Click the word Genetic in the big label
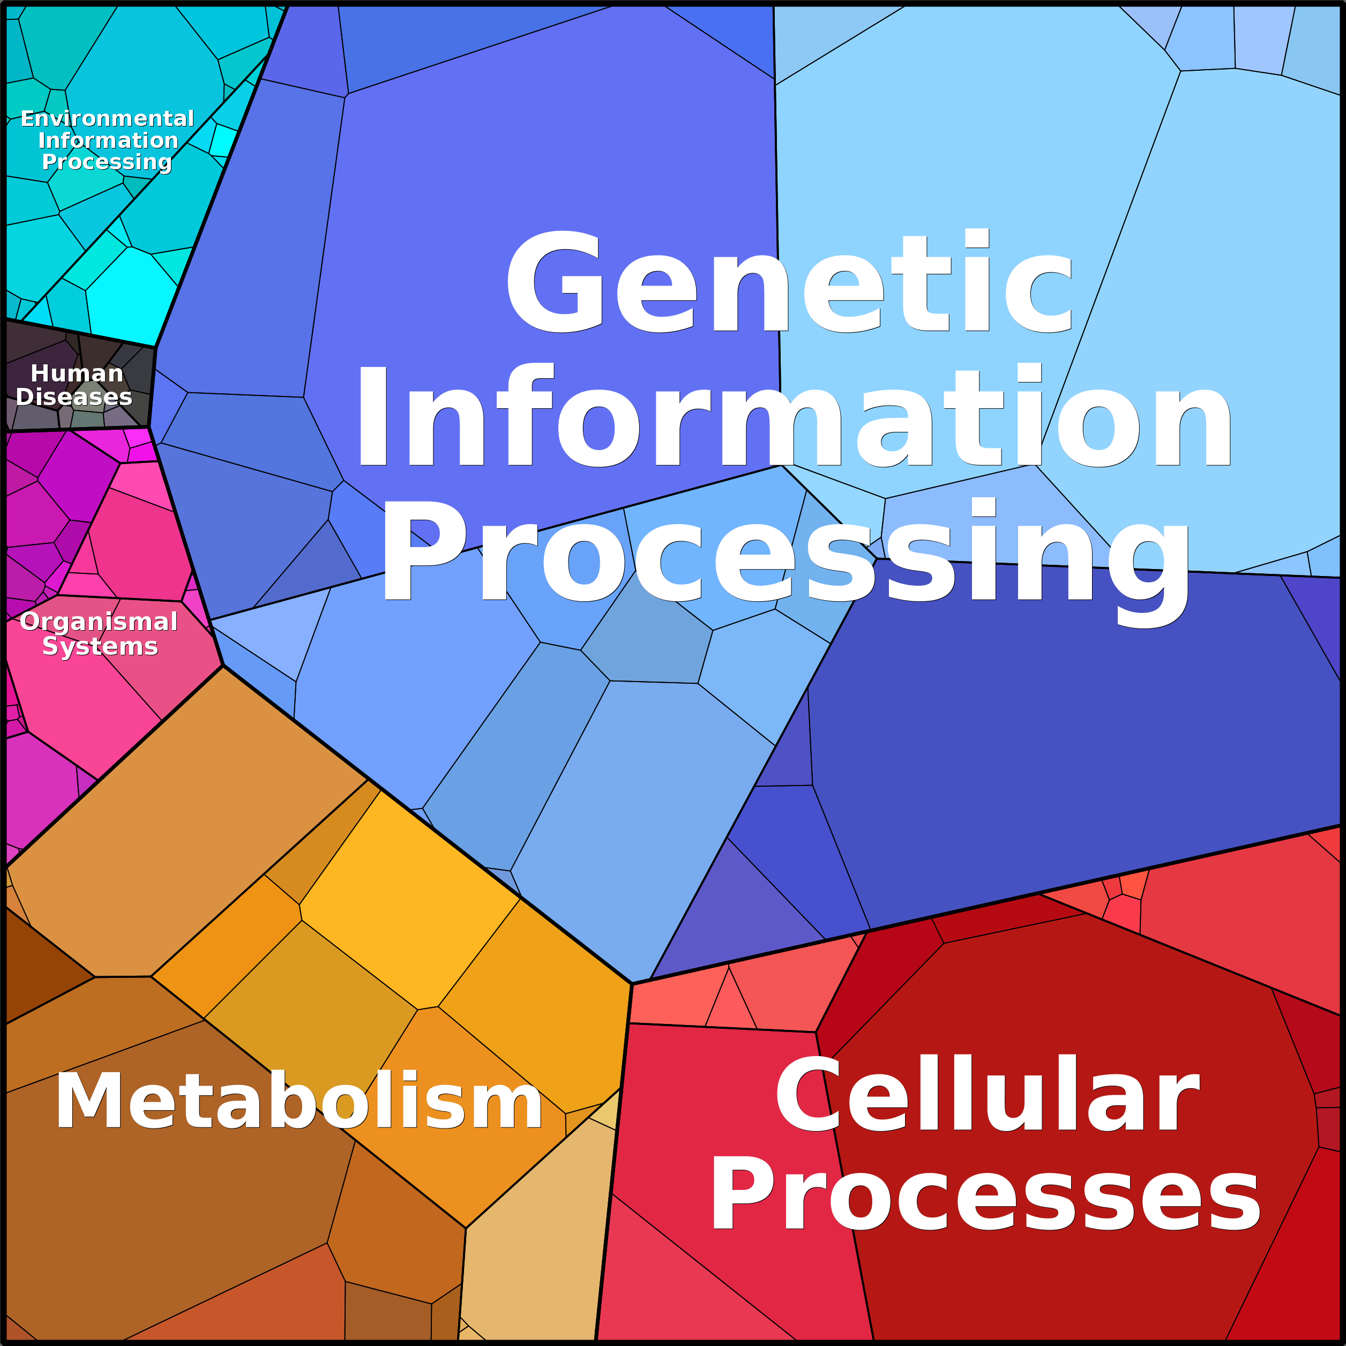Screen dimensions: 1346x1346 click(x=789, y=281)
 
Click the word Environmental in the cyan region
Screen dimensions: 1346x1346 click(x=107, y=118)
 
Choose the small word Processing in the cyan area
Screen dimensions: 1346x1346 click(x=107, y=162)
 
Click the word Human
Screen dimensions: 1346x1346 click(x=77, y=373)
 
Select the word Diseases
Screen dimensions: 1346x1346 click(x=74, y=397)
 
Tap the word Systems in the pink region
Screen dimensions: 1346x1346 click(x=100, y=647)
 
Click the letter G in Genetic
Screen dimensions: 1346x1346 click(x=555, y=281)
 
